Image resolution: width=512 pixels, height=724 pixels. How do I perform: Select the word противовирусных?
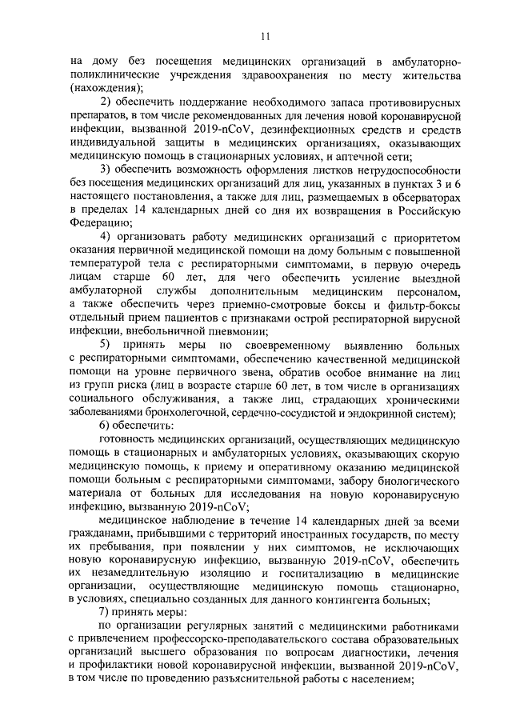pos(409,106)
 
